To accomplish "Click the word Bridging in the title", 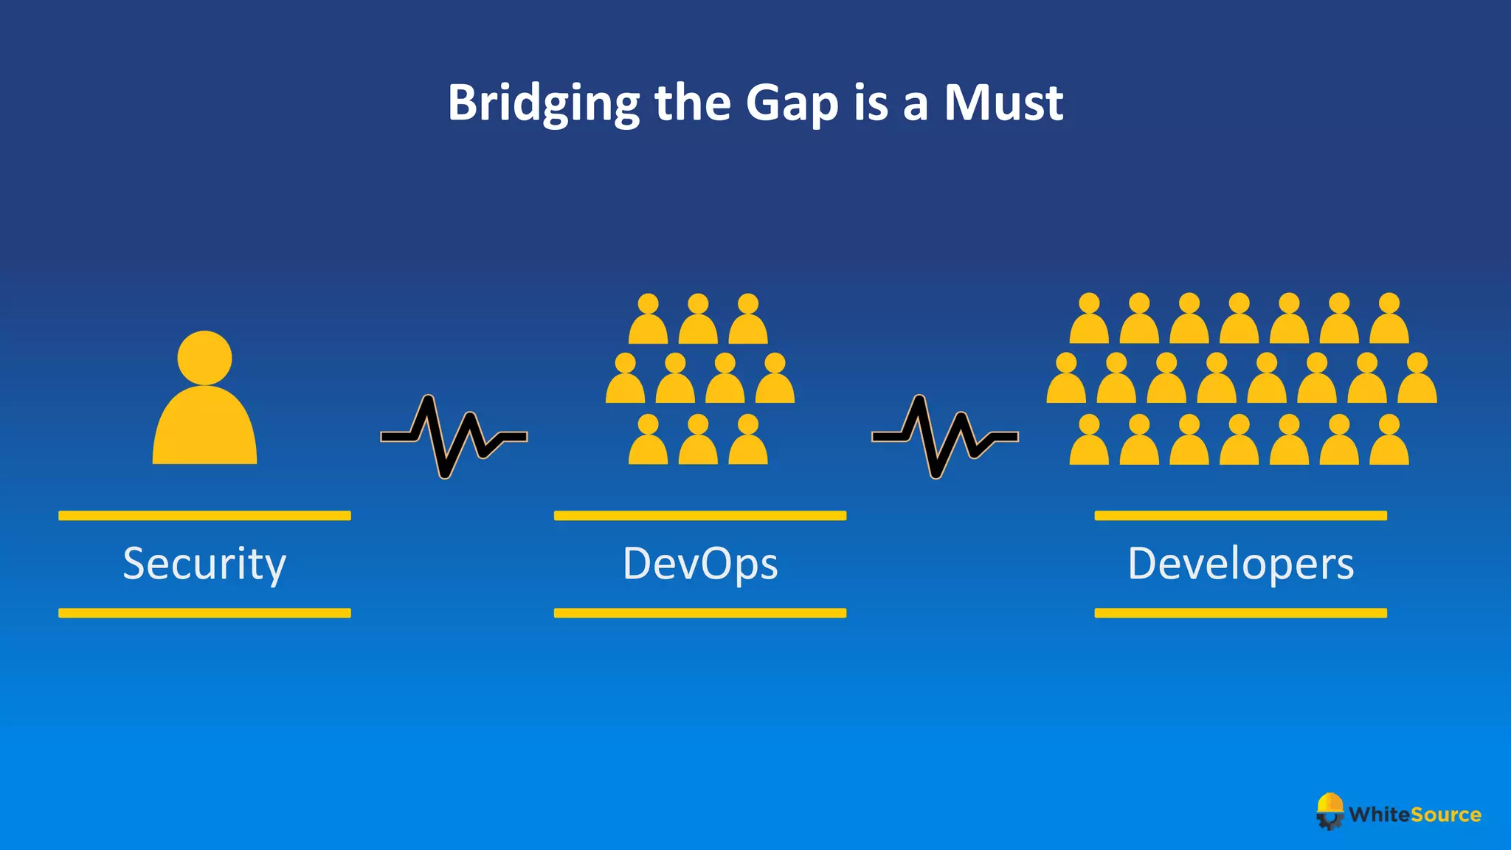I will (543, 103).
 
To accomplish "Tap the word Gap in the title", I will (792, 103).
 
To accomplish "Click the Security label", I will (204, 564).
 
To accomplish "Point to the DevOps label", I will (700, 564).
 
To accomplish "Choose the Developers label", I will (1241, 564).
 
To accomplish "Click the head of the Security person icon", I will (204, 358).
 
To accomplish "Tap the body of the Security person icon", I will (204, 432).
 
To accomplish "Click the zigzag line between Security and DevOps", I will (454, 437).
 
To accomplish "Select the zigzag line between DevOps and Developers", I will (945, 437).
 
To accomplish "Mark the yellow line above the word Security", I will (204, 516).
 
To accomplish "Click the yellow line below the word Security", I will (204, 613).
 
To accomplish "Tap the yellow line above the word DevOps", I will (700, 516).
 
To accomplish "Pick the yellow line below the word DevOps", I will (700, 613).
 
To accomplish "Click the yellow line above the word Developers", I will (1241, 516).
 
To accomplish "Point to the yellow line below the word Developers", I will (1241, 613).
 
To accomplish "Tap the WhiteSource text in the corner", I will (1415, 815).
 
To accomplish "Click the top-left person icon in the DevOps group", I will (648, 321).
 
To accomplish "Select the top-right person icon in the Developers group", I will (1389, 320).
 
